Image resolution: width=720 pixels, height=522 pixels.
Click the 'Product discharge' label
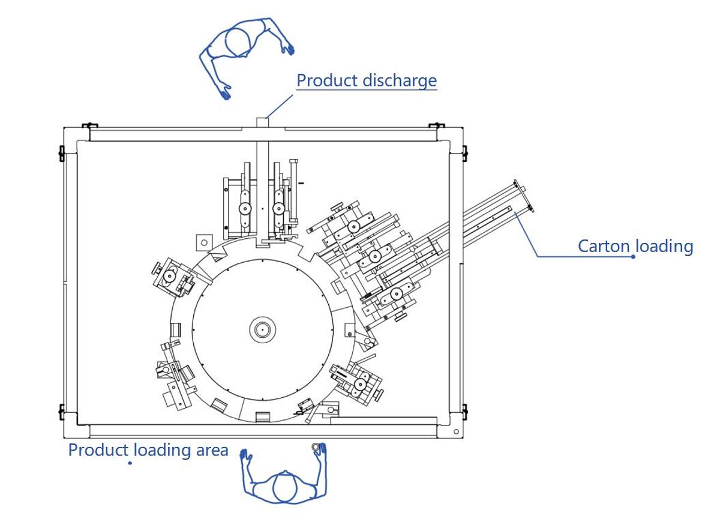point(367,80)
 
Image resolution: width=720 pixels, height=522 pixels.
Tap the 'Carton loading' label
point(635,246)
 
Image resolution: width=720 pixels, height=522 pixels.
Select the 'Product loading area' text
point(148,450)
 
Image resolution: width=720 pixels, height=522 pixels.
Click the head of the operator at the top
point(238,42)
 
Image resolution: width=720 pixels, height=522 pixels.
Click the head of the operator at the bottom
point(284,487)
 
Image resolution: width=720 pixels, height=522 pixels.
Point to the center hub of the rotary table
point(263,329)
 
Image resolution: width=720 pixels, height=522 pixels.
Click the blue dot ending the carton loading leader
point(633,257)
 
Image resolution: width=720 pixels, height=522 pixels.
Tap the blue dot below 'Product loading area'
point(130,463)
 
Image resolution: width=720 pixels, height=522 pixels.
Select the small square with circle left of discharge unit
point(204,242)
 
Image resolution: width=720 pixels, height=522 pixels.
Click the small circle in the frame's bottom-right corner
point(456,431)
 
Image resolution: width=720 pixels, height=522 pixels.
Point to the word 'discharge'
point(399,80)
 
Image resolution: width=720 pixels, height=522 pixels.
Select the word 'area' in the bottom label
point(212,450)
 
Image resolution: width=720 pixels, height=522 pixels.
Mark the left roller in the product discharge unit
point(244,209)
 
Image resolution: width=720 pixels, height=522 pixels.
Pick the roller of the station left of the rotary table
point(169,277)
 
